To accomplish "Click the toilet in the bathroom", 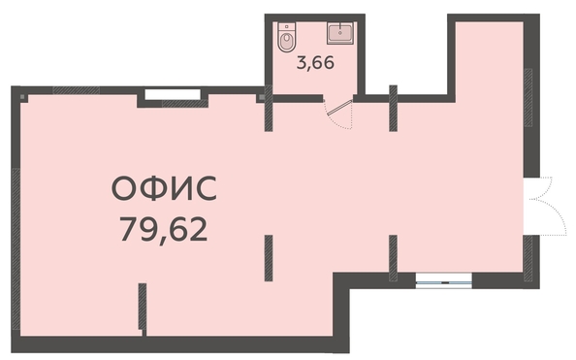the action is pyautogui.click(x=286, y=37).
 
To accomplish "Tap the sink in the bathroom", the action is pyautogui.click(x=340, y=33).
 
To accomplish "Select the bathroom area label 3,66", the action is pyautogui.click(x=315, y=63).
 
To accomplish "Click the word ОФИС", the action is pyautogui.click(x=164, y=188).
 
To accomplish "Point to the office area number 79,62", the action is pyautogui.click(x=164, y=229).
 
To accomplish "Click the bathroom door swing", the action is pyautogui.click(x=339, y=114).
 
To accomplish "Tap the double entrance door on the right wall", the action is pyautogui.click(x=546, y=206).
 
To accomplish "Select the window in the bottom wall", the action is pyautogui.click(x=444, y=281).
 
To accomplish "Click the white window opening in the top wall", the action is pyautogui.click(x=173, y=94).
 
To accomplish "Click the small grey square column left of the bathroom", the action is pyautogui.click(x=262, y=97).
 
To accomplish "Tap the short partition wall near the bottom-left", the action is pyautogui.click(x=143, y=309).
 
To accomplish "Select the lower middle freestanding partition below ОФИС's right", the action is pyautogui.click(x=269, y=258).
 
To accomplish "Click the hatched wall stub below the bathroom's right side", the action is pyautogui.click(x=393, y=108).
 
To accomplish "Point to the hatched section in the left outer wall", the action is pyautogui.click(x=16, y=249).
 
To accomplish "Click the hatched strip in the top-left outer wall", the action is pyautogui.click(x=77, y=90).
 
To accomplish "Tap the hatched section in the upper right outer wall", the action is pyautogui.click(x=528, y=97).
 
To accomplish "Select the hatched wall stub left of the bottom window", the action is pyautogui.click(x=393, y=258).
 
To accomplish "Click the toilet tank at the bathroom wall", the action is pyautogui.click(x=286, y=26).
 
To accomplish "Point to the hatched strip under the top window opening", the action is pyautogui.click(x=185, y=104).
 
